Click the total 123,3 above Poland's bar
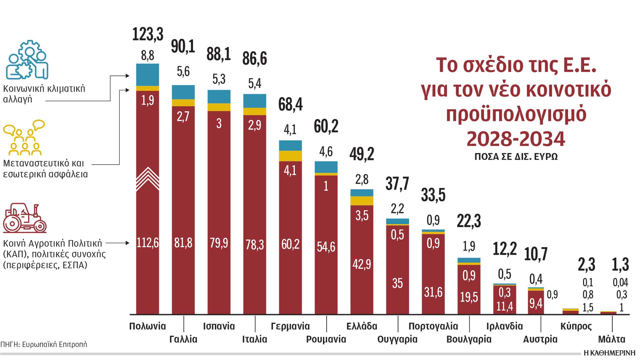click(148, 34)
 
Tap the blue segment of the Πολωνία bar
click(148, 75)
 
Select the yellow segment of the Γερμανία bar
click(290, 156)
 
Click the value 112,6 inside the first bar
click(148, 243)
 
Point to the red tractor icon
click(25, 218)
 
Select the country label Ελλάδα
click(362, 326)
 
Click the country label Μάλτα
click(612, 339)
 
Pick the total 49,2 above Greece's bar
click(362, 154)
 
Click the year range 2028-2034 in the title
click(516, 139)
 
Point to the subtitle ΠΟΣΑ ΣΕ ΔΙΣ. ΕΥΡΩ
click(516, 157)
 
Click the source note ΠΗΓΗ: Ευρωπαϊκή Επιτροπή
click(44, 344)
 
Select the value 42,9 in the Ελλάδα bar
click(362, 264)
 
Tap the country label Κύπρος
click(576, 326)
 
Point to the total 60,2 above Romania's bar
click(326, 127)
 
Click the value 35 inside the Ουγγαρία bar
click(397, 283)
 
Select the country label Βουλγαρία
click(469, 339)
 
